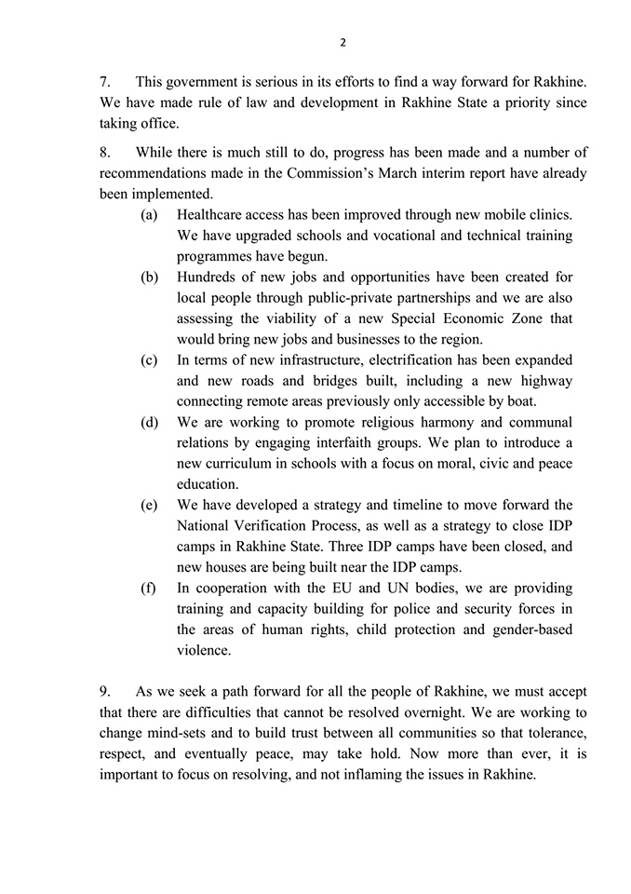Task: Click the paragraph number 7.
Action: (x=105, y=83)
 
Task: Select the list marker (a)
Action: (x=149, y=215)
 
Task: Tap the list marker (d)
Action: (x=149, y=422)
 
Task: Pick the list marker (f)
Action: (x=149, y=588)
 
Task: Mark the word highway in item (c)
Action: (x=544, y=381)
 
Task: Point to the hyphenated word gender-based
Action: (x=528, y=630)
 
